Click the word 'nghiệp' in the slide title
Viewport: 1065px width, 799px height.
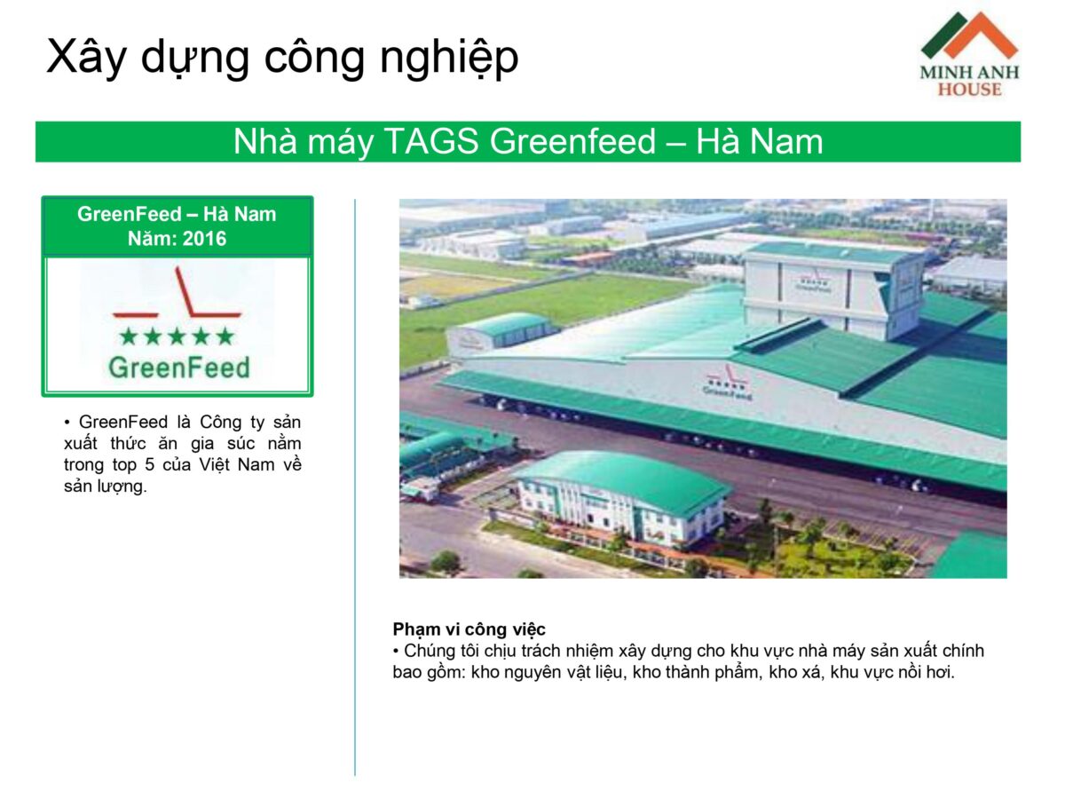[x=449, y=59]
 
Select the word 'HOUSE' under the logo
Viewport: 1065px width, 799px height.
[x=969, y=90]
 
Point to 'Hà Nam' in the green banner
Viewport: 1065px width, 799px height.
[x=760, y=142]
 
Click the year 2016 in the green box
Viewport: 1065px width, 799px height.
[x=204, y=239]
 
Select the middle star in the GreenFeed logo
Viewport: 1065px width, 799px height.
[x=177, y=336]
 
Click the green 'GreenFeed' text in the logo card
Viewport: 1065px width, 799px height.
[x=179, y=368]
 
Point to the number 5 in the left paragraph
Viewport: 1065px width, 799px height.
[x=149, y=464]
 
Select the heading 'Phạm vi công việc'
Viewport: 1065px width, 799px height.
[x=469, y=629]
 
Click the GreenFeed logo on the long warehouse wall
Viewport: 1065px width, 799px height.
[x=727, y=383]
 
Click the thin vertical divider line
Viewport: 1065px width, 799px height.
[x=355, y=487]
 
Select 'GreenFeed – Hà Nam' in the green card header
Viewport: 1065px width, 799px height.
[x=177, y=214]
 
